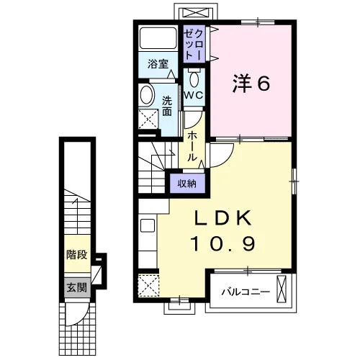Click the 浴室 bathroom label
click(158, 64)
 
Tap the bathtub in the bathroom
click(158, 37)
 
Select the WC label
click(194, 95)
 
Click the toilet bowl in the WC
click(194, 78)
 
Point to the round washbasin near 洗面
click(146, 94)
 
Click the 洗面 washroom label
click(167, 106)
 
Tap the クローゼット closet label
click(194, 45)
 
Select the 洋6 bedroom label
click(251, 84)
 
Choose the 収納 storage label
click(187, 184)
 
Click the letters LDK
click(223, 217)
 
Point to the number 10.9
click(222, 243)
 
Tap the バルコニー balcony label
click(246, 292)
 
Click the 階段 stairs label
click(77, 255)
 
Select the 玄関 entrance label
click(77, 287)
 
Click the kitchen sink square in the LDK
click(148, 225)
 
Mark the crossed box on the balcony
click(282, 289)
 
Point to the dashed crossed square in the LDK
click(149, 285)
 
